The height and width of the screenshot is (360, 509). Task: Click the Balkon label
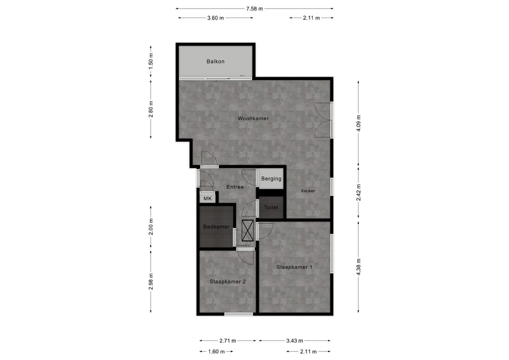215,62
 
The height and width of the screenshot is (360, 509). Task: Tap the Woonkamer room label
253,119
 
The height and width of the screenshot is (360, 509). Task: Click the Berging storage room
271,179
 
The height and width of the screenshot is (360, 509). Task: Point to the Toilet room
271,208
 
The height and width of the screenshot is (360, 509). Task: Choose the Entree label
235,187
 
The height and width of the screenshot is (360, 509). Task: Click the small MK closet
207,199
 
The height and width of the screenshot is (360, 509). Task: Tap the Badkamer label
216,227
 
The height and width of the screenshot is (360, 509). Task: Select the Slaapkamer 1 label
294,267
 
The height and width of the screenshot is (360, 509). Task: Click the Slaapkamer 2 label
227,282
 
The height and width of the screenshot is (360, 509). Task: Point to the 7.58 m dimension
254,8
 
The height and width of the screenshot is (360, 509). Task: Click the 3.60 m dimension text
215,18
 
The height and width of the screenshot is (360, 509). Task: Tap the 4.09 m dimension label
359,123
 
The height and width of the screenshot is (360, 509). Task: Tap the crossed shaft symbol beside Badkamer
248,231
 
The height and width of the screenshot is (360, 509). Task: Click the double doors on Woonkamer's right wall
323,120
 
